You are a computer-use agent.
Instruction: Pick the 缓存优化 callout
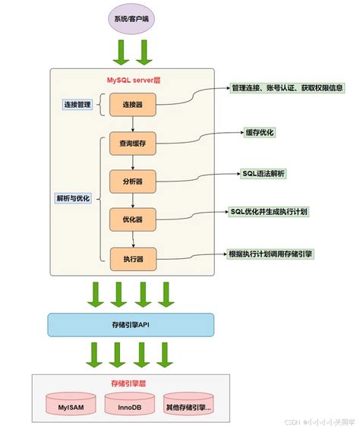click(x=259, y=132)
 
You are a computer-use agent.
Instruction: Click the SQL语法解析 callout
click(x=264, y=173)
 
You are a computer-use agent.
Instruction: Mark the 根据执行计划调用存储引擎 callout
click(x=270, y=254)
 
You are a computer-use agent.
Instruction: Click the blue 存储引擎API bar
click(x=130, y=324)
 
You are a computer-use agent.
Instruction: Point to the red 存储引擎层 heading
click(x=128, y=383)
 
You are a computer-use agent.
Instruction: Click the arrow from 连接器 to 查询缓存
click(x=133, y=124)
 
